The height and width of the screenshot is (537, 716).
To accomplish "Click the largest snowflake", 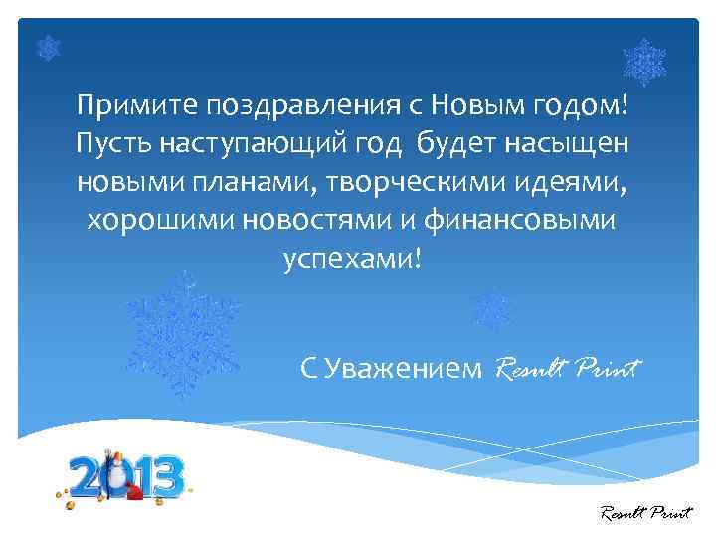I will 184,331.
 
